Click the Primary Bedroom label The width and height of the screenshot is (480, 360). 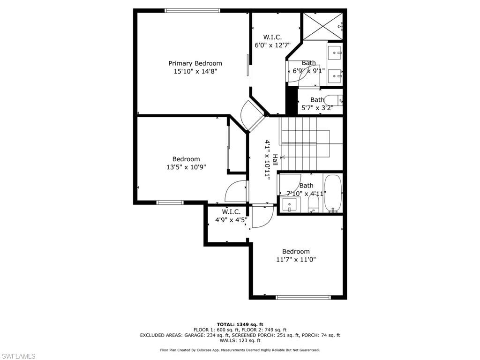click(x=195, y=63)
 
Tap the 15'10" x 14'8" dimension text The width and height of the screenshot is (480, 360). click(x=195, y=71)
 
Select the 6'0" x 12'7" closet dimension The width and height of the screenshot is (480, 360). click(x=273, y=45)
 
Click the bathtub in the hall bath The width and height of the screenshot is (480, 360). click(x=333, y=193)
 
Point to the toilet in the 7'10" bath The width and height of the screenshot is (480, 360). click(x=313, y=204)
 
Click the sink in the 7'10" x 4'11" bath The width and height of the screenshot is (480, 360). click(x=289, y=205)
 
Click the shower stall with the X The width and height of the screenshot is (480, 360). click(x=322, y=26)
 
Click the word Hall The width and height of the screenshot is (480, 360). click(x=275, y=160)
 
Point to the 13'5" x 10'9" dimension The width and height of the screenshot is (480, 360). click(x=186, y=167)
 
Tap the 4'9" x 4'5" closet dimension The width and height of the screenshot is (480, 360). click(x=232, y=220)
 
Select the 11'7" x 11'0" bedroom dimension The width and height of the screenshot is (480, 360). click(x=296, y=260)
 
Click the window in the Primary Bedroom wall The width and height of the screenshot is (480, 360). click(x=192, y=11)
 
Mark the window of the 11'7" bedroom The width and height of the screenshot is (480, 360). click(x=303, y=297)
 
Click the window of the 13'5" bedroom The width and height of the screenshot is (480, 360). click(x=170, y=202)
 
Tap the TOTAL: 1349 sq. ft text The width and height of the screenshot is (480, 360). click(x=240, y=324)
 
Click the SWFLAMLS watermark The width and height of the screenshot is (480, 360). click(x=18, y=356)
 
